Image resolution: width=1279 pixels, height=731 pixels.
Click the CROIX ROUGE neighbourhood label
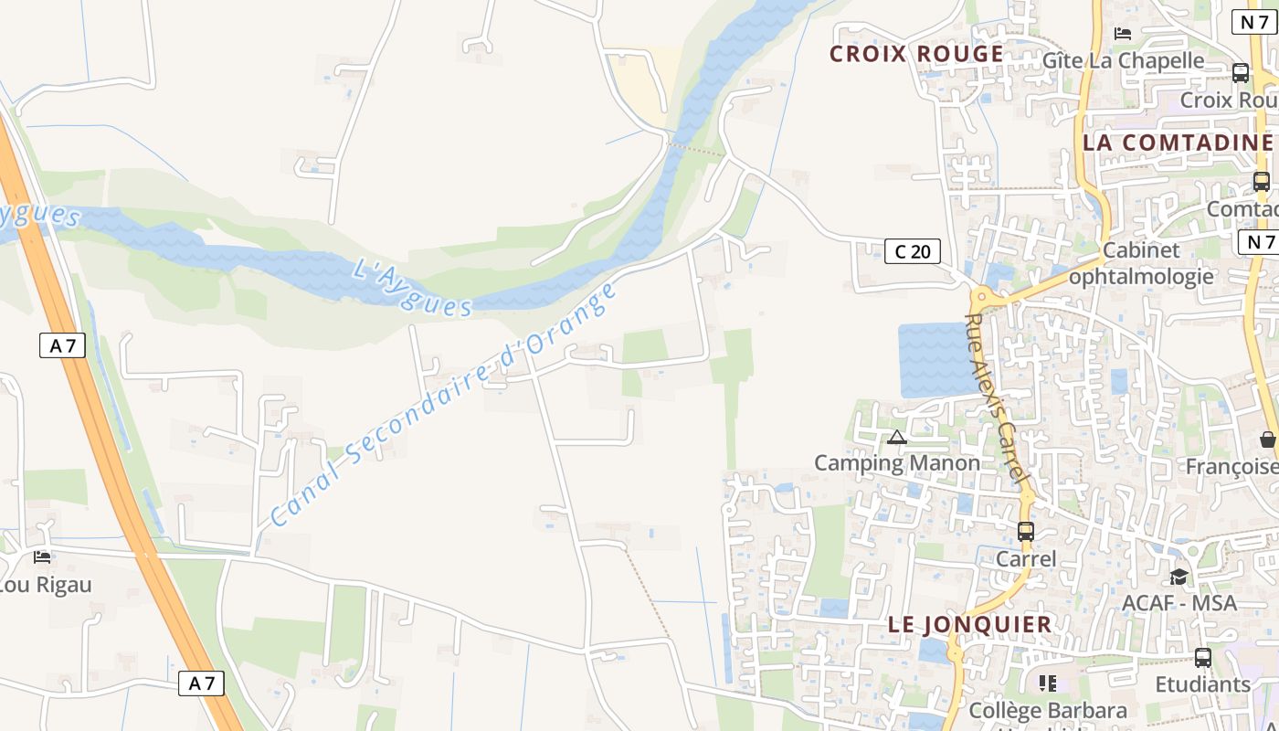(916, 54)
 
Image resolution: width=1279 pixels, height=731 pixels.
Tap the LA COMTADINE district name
(1178, 143)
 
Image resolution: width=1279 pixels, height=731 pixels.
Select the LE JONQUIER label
(970, 625)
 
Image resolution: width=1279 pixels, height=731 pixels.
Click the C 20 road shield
(912, 251)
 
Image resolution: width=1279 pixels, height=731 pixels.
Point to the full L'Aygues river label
(412, 287)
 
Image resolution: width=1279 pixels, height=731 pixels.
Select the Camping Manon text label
(897, 462)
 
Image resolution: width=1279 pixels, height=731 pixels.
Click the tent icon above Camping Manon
(897, 438)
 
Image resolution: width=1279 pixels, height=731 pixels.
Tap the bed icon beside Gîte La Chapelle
(1123, 34)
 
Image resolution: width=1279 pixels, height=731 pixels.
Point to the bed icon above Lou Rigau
(42, 556)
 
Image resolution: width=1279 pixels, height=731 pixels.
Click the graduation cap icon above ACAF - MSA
(1179, 577)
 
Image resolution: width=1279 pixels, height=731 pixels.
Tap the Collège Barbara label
(1048, 710)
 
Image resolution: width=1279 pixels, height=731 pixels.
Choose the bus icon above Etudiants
(1203, 658)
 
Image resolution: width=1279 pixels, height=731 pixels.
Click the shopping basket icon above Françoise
(1268, 440)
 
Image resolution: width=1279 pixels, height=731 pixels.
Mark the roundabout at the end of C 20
(982, 296)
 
